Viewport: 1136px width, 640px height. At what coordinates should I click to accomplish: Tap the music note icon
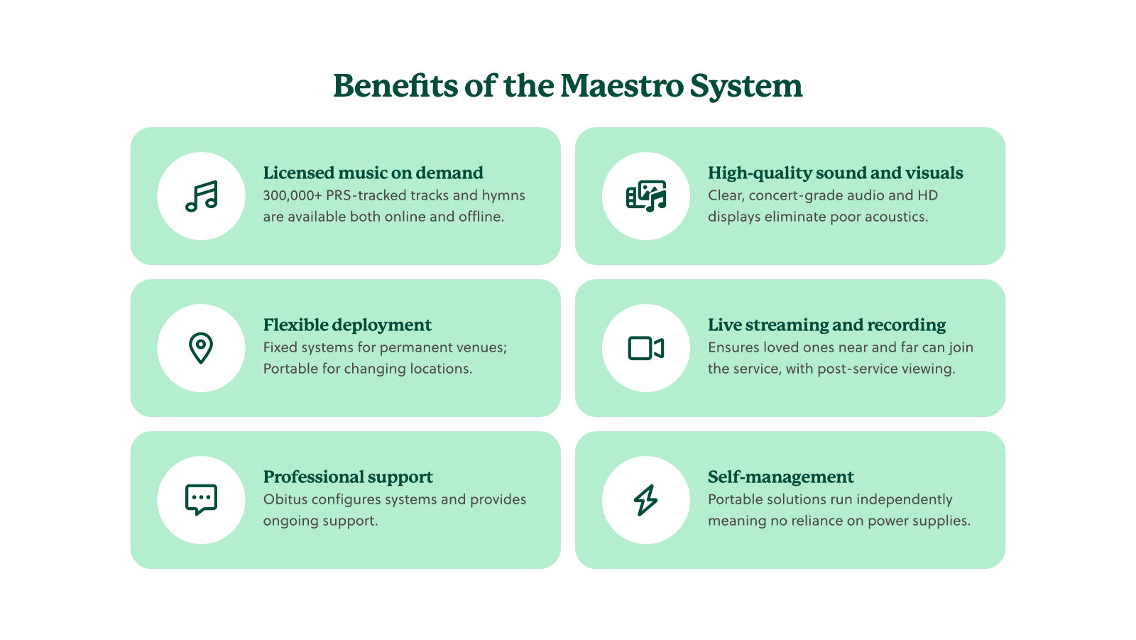(201, 196)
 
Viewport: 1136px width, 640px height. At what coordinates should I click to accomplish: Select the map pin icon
(201, 348)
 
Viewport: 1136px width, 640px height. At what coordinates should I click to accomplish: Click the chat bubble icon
(201, 500)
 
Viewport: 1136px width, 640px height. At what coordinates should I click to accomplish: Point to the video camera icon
(645, 348)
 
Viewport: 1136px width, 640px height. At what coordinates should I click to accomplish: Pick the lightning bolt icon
(645, 500)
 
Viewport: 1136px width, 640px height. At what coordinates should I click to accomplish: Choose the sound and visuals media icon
(645, 196)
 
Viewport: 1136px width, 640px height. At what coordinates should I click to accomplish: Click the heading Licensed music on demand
(373, 173)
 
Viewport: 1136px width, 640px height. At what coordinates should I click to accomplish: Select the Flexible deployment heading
(347, 325)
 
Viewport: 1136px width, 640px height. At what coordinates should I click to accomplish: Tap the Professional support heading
(348, 477)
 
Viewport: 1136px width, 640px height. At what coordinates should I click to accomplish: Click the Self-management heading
(780, 477)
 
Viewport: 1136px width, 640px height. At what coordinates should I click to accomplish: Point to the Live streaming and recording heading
(826, 325)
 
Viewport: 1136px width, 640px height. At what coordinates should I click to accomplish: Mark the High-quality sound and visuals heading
(835, 173)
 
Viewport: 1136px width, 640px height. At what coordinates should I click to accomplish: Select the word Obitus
(285, 499)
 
